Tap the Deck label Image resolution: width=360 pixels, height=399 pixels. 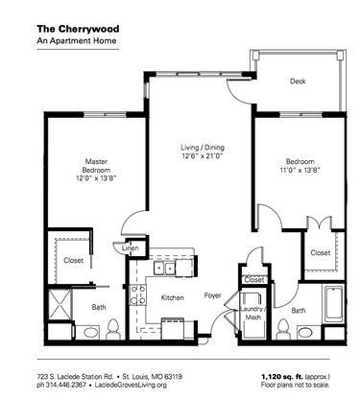(x=299, y=82)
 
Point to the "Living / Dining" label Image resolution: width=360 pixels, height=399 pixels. (x=203, y=147)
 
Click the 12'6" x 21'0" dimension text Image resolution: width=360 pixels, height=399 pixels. (x=203, y=156)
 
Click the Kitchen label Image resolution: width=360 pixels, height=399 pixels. (x=172, y=298)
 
